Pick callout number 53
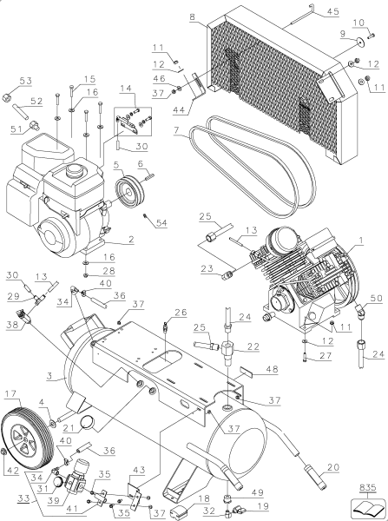pyautogui.click(x=23, y=81)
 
